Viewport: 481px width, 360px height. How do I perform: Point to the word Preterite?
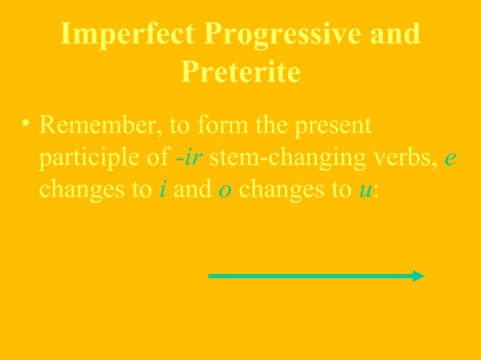(x=240, y=73)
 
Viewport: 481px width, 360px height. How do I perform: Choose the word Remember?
(x=96, y=125)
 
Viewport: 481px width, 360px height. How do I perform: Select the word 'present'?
(x=334, y=125)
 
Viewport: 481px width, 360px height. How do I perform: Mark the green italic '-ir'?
(x=188, y=158)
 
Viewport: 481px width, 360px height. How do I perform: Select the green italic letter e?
(x=449, y=158)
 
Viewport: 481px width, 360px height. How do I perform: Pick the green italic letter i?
(x=162, y=191)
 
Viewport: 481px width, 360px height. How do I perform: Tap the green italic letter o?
(x=224, y=191)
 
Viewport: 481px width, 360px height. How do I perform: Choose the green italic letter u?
(x=365, y=191)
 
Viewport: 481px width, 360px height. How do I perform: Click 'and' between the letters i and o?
(x=192, y=191)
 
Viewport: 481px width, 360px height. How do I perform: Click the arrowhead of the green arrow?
(x=419, y=276)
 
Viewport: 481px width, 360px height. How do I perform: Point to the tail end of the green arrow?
(x=211, y=276)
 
